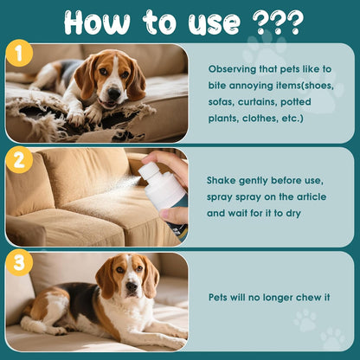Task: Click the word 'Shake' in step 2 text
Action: [223, 181]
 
